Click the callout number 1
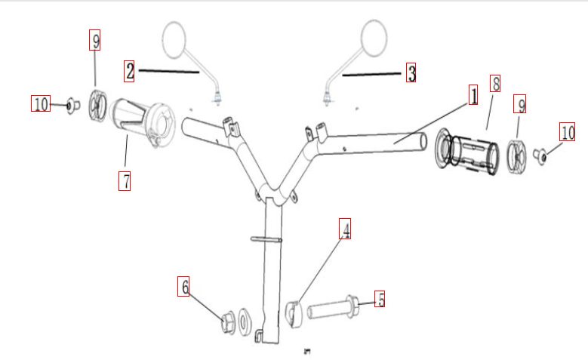pos(473,95)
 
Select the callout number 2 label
pos(129,71)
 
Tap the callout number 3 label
pos(411,72)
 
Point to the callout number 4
pos(345,229)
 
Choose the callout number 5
pos(380,299)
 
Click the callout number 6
pos(183,287)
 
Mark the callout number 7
pos(125,180)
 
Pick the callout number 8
pos(495,83)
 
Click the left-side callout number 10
pos(41,103)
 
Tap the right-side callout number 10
pos(568,131)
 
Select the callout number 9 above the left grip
pos(95,40)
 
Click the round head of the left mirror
pos(174,40)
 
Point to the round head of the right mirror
pos(374,38)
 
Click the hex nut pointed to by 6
pos(228,322)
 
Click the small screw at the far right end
pos(540,155)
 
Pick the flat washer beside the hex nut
pos(244,322)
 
